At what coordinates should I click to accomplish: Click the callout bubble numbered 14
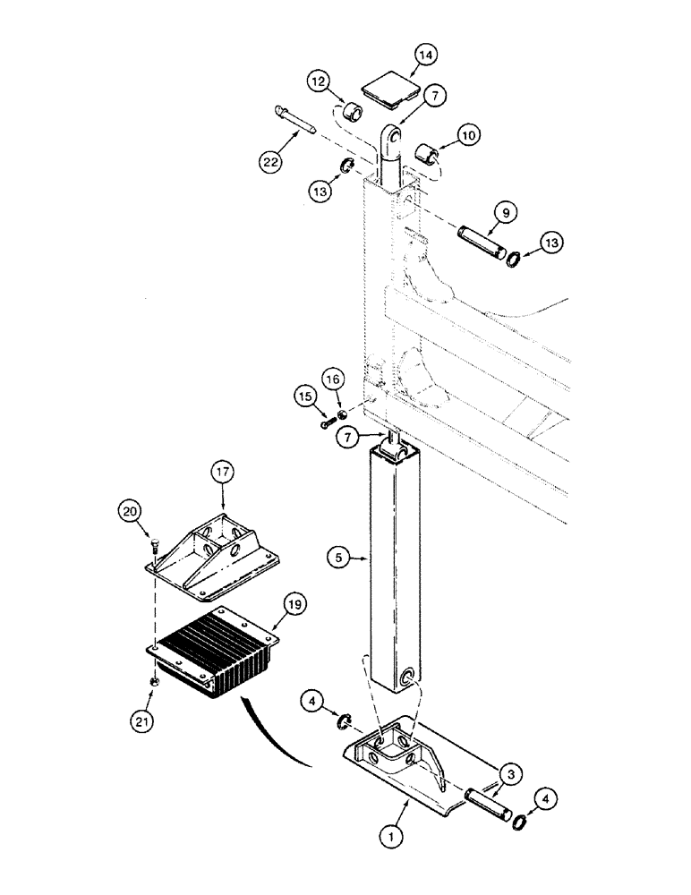tap(425, 55)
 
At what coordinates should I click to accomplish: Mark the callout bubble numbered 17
tap(222, 471)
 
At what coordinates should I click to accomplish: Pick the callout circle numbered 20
tap(130, 510)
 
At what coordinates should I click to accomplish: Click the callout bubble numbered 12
tap(317, 83)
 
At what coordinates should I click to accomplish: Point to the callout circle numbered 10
tap(468, 135)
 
